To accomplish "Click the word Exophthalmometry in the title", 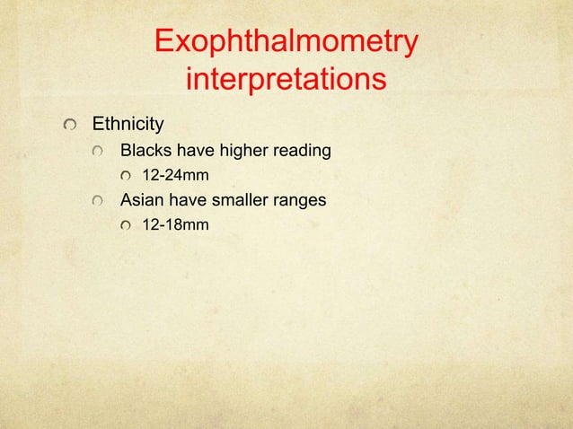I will tap(286, 43).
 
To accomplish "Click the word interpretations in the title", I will tap(286, 81).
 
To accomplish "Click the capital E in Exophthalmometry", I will tap(164, 43).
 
